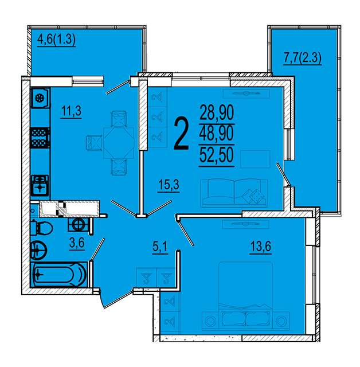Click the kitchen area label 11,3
(71, 111)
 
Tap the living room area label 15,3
(169, 185)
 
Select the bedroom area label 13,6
(261, 246)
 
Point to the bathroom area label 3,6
(77, 243)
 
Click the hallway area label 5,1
(160, 247)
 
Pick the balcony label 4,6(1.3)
(56, 39)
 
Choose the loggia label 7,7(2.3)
(302, 57)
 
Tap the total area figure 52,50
(216, 155)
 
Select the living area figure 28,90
(217, 112)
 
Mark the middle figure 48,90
(217, 134)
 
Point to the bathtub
(60, 274)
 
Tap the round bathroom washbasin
(39, 250)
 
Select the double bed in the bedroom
(245, 296)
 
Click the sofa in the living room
(234, 193)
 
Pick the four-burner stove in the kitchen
(40, 138)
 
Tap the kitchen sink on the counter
(40, 186)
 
